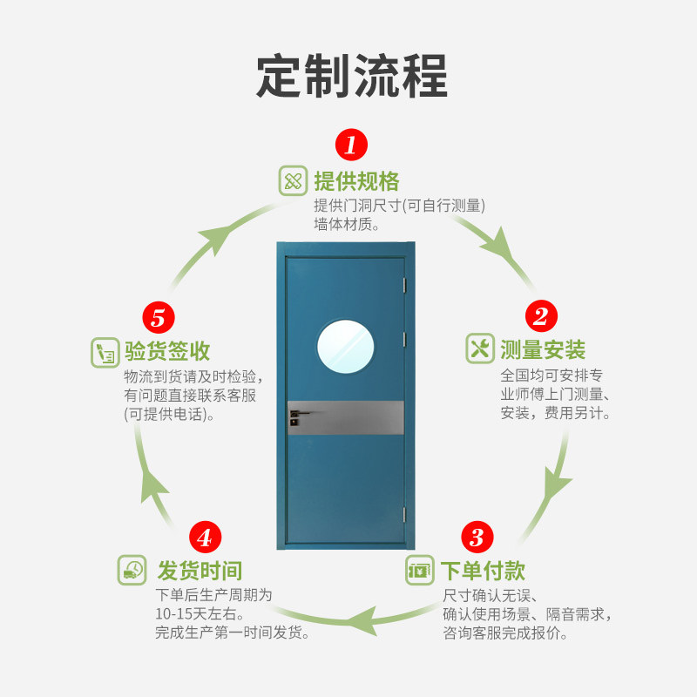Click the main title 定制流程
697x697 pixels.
pos(351,76)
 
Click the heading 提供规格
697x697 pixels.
pos(356,181)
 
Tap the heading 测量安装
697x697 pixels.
pos(543,350)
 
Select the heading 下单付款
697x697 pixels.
pos(482,572)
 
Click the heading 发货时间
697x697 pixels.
pos(200,572)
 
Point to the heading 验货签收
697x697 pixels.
pos(167,352)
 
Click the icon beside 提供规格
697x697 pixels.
pos(293,181)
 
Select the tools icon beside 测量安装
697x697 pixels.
pos(480,348)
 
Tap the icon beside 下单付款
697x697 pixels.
pos(420,571)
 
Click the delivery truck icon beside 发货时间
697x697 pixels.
pos(132,570)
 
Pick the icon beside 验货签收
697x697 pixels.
pos(105,352)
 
